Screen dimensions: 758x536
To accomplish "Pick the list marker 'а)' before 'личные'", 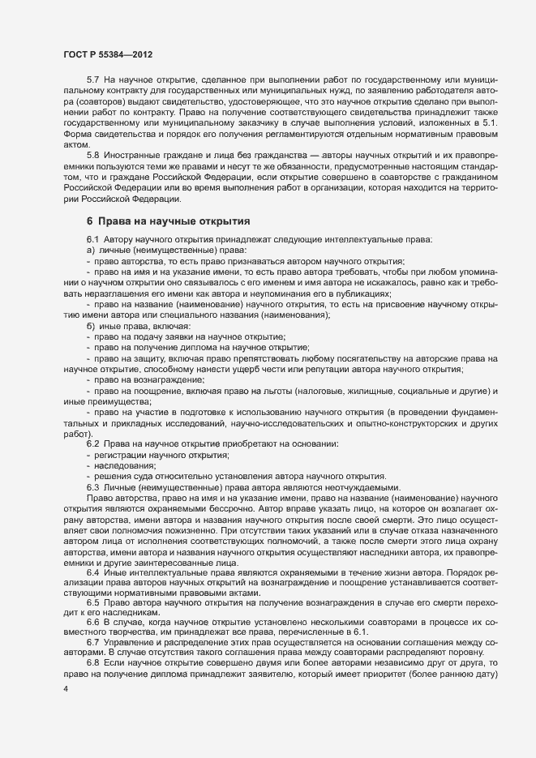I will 90,250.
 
